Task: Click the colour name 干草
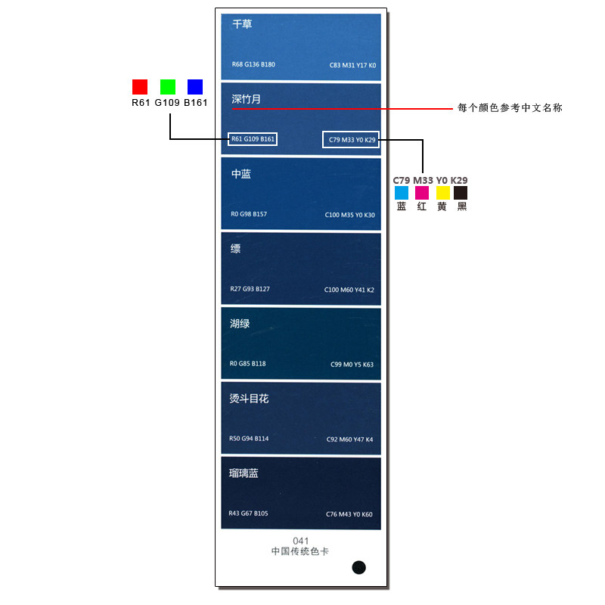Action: coord(242,24)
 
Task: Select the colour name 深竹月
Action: coord(246,99)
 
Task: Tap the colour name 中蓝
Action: coord(241,174)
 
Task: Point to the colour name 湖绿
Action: coord(240,324)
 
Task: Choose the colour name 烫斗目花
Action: coord(249,399)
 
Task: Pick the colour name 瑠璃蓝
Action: coord(244,473)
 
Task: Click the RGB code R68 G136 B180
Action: coord(253,64)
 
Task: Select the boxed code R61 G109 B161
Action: coord(253,139)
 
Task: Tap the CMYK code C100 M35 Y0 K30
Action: coord(349,215)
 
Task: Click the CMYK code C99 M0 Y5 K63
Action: coord(352,365)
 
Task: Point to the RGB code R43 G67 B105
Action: coord(248,513)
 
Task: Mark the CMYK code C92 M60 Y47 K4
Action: coord(349,439)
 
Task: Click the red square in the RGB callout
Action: coord(140,86)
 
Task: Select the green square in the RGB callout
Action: coord(168,86)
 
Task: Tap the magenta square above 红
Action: coord(422,193)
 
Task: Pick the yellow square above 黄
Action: coord(442,193)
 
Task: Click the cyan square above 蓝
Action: coord(402,193)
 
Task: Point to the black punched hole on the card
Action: coord(359,567)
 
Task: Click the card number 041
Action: coord(301,541)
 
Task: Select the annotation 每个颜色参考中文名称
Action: coord(510,108)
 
